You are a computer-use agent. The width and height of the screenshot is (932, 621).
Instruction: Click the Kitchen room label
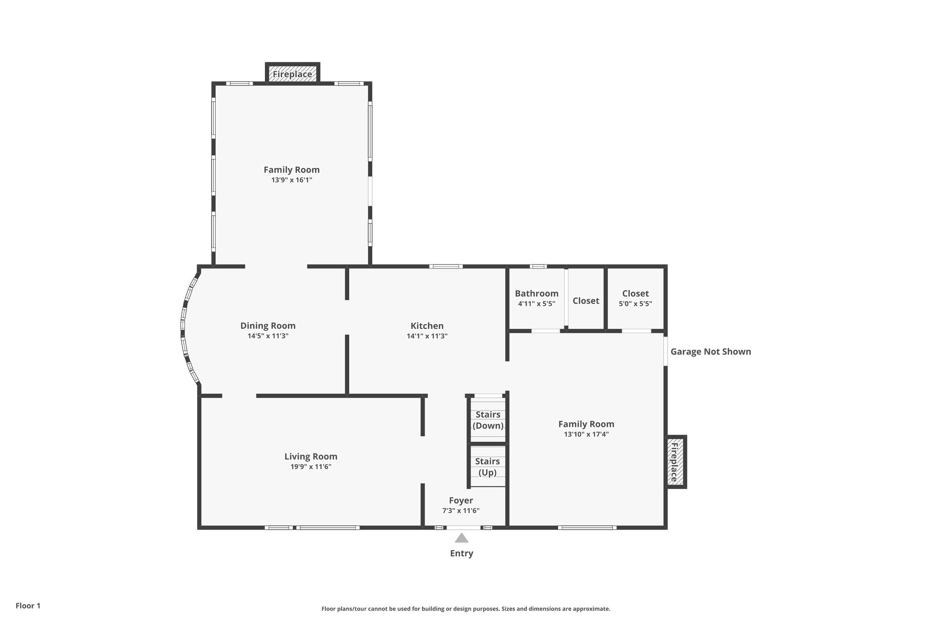[x=427, y=326]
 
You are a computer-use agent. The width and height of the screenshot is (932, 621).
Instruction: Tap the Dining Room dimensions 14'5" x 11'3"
[x=268, y=336]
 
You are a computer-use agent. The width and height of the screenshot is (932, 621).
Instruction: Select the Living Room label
[x=311, y=456]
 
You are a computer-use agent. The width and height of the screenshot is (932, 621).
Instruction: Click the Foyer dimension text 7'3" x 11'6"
[x=461, y=510]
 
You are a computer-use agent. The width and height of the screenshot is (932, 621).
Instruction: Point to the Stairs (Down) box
[x=488, y=420]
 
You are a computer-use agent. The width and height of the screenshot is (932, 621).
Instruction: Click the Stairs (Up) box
[x=487, y=467]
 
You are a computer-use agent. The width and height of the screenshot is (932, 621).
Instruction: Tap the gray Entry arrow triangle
[x=461, y=538]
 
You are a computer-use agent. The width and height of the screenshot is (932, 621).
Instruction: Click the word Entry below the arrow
[x=461, y=553]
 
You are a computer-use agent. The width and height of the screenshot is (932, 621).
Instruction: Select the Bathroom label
[x=537, y=293]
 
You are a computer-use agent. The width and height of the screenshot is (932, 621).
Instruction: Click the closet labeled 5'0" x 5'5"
[x=635, y=298]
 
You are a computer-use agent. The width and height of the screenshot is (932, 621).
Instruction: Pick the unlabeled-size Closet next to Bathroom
[x=586, y=301]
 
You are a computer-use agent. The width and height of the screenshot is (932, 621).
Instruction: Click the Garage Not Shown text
[x=710, y=351]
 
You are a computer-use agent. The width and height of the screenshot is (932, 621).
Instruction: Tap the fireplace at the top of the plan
[x=292, y=74]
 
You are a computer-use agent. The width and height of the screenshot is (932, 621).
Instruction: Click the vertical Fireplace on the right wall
[x=675, y=462]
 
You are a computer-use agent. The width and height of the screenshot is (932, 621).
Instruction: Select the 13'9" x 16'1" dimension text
[x=291, y=180]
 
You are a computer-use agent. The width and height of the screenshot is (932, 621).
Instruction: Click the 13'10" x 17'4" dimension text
[x=586, y=434]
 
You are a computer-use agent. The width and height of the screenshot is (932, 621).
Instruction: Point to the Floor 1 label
[x=28, y=606]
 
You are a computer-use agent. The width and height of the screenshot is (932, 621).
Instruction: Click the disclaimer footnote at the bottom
[x=466, y=609]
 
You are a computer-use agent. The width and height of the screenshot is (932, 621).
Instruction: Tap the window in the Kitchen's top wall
[x=446, y=266]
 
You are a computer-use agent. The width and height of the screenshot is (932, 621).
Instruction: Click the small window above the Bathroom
[x=538, y=266]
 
